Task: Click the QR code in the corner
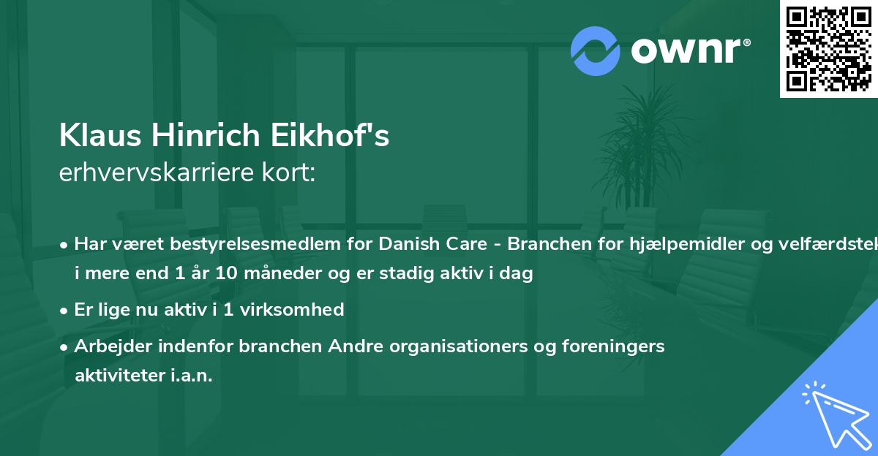pyautogui.click(x=828, y=49)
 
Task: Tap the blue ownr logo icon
pyautogui.click(x=596, y=50)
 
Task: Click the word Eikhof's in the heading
pyautogui.click(x=348, y=137)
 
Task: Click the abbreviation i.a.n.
pyautogui.click(x=189, y=376)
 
